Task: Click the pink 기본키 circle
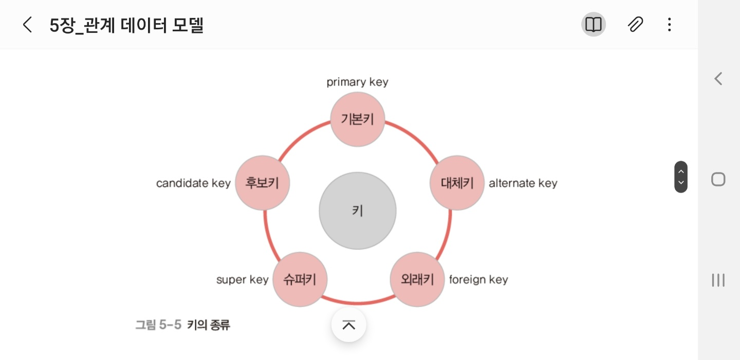pos(357,120)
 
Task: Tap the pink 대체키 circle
pos(457,183)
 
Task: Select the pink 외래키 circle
pos(417,279)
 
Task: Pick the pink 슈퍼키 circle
pos(300,279)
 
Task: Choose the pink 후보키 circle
pos(262,183)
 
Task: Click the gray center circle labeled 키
pos(358,211)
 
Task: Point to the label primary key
pos(357,82)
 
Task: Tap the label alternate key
pos(523,183)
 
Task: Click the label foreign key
pos(478,279)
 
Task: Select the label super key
pos(242,280)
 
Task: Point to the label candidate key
pos(193,183)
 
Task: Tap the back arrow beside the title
pos(27,25)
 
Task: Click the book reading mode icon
pos(594,25)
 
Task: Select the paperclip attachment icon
pos(635,25)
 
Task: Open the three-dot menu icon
pos(669,25)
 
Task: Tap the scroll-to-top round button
pos(349,325)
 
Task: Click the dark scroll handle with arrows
pos(681,177)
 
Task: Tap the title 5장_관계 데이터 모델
pos(126,25)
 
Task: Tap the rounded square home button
pos(718,179)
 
